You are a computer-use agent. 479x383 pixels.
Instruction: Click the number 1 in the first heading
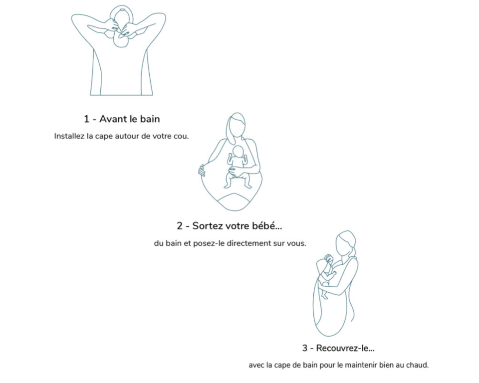click(x=86, y=119)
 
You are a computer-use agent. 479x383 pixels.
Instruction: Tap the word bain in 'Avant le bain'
click(x=150, y=119)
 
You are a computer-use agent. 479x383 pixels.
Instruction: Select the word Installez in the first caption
click(x=69, y=136)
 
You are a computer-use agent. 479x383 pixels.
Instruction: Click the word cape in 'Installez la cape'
click(x=104, y=137)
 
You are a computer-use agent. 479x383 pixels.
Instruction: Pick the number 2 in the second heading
click(x=180, y=226)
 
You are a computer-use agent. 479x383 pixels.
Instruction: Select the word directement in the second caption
click(x=247, y=243)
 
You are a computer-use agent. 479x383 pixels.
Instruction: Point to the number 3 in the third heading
click(x=304, y=348)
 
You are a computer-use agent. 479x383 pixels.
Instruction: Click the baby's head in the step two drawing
click(x=238, y=152)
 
